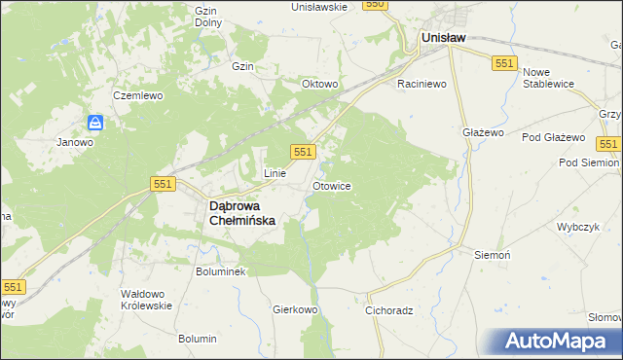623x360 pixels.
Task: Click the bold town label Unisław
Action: click(443, 38)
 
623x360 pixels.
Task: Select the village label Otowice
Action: click(332, 185)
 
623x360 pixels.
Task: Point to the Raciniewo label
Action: click(421, 85)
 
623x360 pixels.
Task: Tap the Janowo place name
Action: click(75, 142)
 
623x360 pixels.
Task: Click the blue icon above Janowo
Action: click(95, 123)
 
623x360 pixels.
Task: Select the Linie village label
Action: click(275, 173)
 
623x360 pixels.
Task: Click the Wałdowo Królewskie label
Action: click(146, 299)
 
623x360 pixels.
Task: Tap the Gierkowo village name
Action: click(296, 310)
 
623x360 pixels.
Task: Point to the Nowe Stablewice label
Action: click(551, 79)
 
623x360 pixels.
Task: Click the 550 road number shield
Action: click(376, 5)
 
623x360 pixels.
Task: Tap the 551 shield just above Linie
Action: click(303, 151)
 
